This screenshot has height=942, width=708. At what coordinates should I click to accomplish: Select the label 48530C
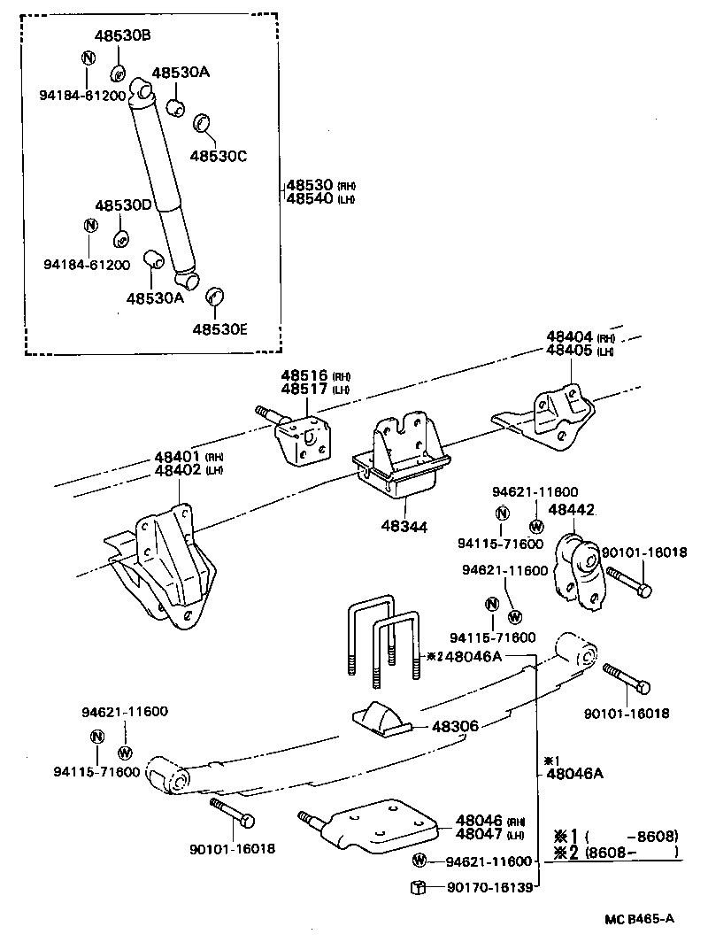pos(218,156)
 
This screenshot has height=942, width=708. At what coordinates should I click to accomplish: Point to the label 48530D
pos(124,205)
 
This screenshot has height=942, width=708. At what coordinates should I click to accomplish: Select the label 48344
pos(405,526)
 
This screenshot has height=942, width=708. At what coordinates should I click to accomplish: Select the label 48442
pos(571,510)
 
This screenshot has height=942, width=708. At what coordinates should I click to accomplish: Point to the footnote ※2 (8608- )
pos(616,852)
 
